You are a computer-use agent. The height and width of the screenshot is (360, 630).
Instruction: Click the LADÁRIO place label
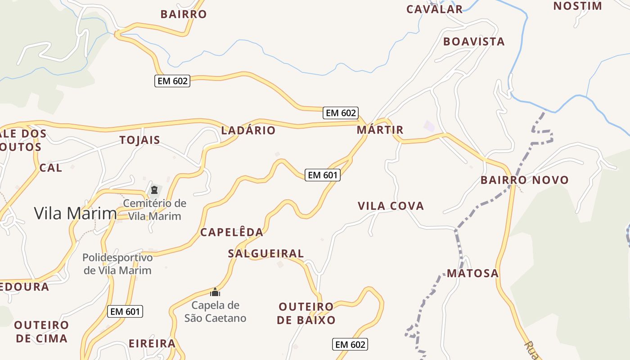248,130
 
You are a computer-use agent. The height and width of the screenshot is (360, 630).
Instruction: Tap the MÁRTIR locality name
380,130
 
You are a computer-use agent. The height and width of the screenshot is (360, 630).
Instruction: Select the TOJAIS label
140,140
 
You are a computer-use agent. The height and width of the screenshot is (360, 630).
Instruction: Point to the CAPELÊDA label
231,232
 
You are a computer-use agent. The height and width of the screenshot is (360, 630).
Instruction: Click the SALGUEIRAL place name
266,253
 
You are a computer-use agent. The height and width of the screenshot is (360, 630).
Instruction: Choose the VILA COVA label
391,206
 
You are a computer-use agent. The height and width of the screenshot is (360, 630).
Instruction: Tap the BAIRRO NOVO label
525,180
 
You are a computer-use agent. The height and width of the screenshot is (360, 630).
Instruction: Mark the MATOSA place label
472,273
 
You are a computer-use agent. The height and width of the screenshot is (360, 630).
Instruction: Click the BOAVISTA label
474,41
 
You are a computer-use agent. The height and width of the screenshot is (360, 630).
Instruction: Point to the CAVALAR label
434,9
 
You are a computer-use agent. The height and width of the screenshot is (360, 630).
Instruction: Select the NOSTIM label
577,6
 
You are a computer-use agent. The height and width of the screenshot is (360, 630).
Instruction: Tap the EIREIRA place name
152,343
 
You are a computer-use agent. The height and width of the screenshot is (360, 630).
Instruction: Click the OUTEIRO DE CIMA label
41,332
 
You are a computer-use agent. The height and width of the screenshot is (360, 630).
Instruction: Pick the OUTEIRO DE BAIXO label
306,314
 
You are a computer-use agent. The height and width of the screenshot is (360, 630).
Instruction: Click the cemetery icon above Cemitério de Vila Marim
154,190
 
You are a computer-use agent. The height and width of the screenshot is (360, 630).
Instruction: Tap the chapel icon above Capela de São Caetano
215,292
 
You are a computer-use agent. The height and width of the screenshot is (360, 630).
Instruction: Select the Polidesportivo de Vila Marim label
117,264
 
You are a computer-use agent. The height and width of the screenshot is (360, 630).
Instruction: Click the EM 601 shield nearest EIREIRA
126,311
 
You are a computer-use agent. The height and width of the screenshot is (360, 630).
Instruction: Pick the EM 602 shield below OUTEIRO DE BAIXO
350,345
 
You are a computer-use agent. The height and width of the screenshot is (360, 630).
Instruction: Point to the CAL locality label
51,168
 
